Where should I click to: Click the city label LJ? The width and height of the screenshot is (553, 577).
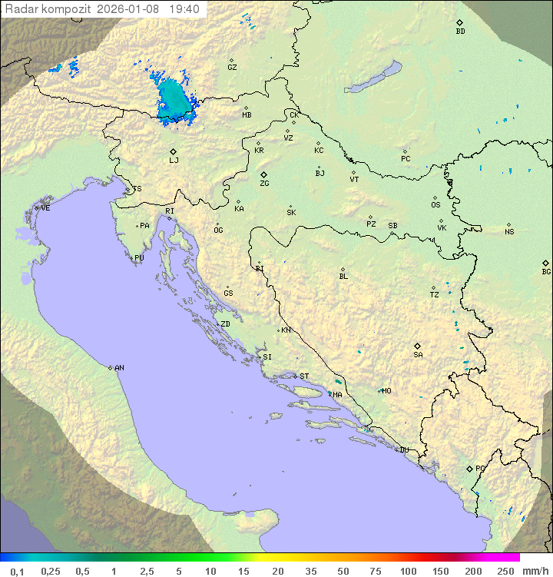(174, 161)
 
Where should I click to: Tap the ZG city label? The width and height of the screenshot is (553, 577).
(264, 184)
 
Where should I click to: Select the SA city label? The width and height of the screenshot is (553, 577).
(418, 354)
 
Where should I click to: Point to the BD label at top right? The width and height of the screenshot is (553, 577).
(460, 32)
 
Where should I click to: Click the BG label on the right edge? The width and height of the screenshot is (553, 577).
(546, 271)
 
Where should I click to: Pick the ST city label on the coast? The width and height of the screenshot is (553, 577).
(304, 376)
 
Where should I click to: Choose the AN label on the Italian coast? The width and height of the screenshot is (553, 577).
(119, 368)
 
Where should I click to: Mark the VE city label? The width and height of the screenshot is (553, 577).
(45, 208)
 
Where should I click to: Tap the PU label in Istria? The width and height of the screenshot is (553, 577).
(139, 258)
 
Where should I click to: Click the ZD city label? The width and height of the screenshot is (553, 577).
(225, 324)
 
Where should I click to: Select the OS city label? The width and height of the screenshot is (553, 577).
(435, 205)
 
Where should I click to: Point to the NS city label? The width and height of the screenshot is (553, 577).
(509, 232)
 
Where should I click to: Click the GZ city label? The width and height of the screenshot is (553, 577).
(232, 67)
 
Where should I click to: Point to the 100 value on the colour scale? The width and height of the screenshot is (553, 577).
(408, 571)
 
